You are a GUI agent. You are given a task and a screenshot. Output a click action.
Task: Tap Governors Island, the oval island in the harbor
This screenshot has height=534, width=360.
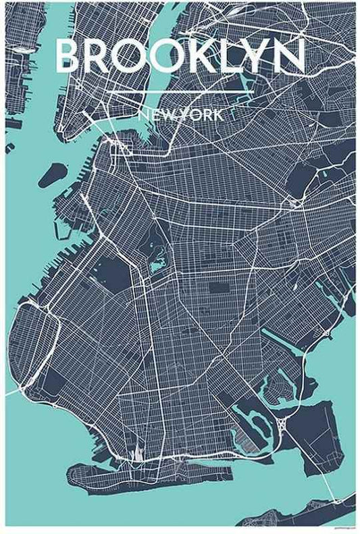coord(52,175)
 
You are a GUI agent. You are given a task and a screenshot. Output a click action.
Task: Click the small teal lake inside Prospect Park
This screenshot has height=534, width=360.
coord(157,266)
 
